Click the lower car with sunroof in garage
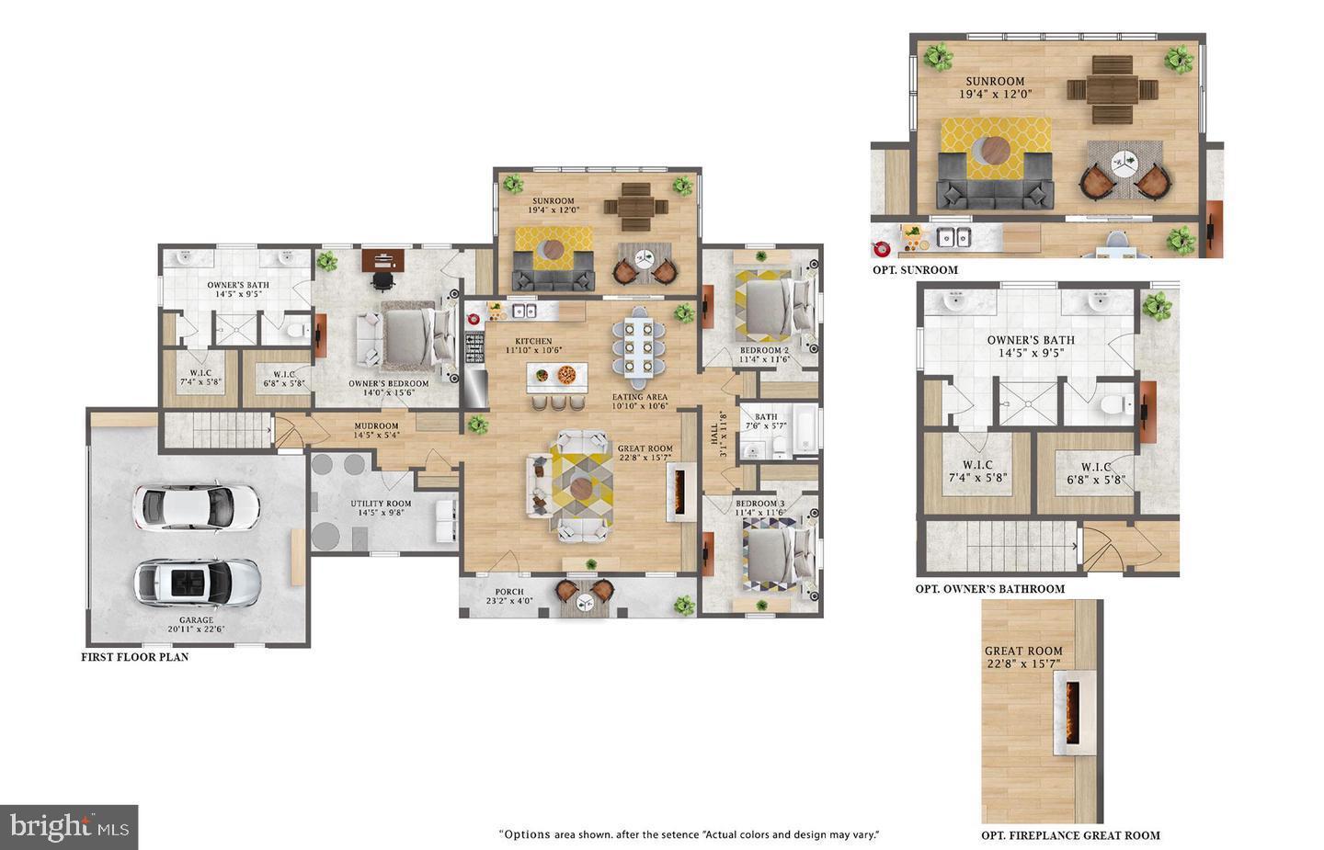197,582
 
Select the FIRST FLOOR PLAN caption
134,657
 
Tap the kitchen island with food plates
556,376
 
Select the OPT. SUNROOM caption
915,270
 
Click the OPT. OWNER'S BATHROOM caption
989,589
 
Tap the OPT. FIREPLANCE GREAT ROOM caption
1070,835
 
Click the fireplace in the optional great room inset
1072,714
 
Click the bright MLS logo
70,827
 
